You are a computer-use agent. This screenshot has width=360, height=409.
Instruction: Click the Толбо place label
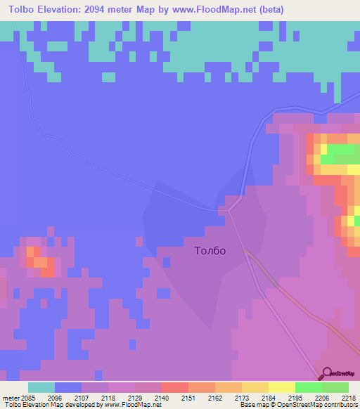[210, 250]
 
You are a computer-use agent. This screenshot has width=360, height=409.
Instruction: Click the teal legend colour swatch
[41, 387]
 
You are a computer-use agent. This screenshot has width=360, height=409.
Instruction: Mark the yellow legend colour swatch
[281, 387]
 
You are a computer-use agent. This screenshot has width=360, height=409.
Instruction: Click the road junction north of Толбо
[224, 209]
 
